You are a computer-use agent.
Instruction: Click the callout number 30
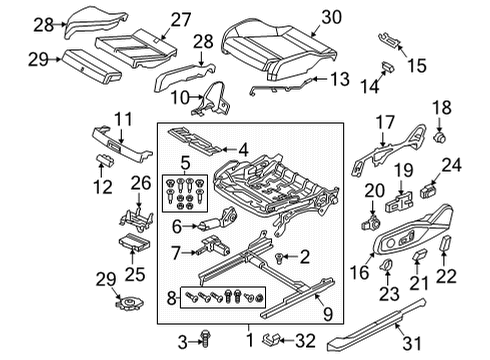pos(331,17)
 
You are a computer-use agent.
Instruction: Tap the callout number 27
pos(181,20)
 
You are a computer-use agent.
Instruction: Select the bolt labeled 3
pos(204,338)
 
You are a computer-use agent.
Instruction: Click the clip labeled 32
pos(271,339)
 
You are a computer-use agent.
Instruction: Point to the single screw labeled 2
pos(279,257)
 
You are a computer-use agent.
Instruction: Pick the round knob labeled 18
pos(440,137)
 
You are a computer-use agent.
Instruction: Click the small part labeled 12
pos(105,160)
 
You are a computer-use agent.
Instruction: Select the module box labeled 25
pos(134,242)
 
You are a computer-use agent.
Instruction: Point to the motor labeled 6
pos(217,221)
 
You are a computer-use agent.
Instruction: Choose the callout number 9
pos(328,314)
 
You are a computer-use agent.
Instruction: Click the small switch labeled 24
pos(430,190)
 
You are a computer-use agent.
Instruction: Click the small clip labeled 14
pos(388,67)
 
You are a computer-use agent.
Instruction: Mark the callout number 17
pos(385,122)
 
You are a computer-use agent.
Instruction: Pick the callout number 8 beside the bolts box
pos(171,298)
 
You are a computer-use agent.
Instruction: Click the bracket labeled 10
pos(213,100)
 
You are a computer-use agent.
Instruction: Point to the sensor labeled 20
pos(370,222)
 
